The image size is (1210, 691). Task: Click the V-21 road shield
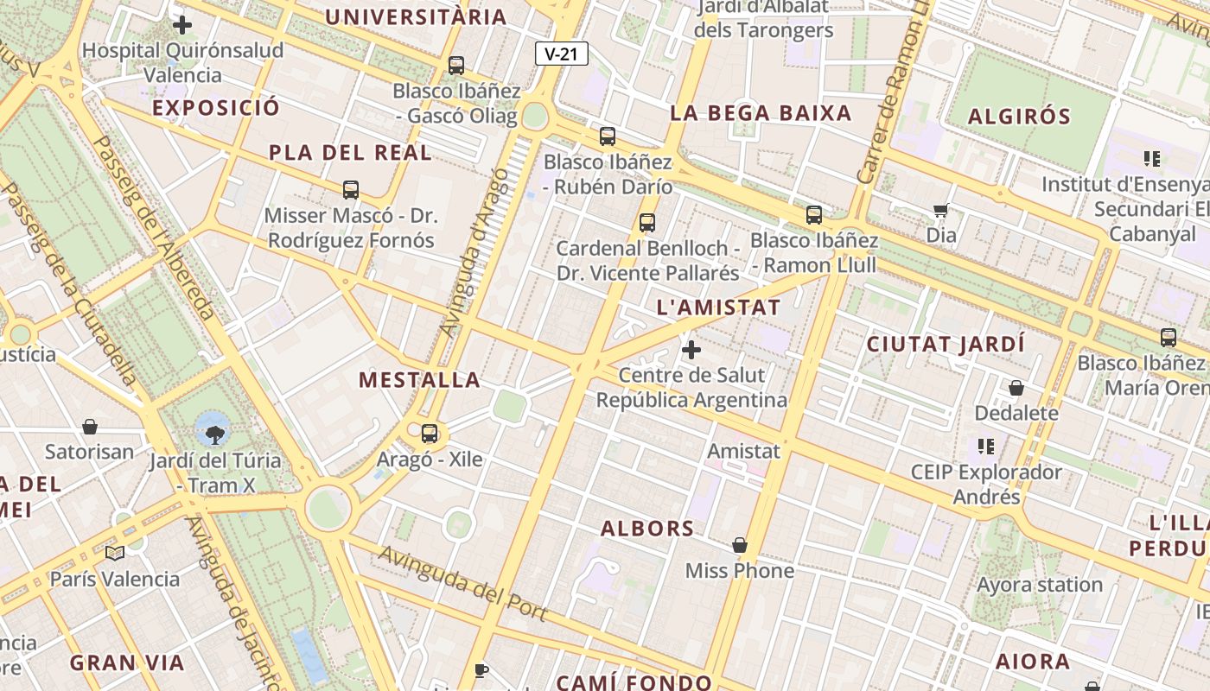(x=562, y=54)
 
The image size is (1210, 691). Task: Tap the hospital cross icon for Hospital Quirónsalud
(x=182, y=24)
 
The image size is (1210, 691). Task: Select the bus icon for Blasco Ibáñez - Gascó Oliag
(x=455, y=65)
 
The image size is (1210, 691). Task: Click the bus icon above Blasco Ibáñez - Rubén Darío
(x=608, y=136)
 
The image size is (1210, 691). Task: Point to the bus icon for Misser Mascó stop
(x=351, y=189)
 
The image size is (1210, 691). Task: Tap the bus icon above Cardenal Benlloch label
(x=647, y=222)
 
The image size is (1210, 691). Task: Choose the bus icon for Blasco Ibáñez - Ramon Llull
(x=814, y=215)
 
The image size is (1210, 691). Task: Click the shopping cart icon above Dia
(x=941, y=210)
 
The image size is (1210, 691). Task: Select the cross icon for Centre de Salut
(x=691, y=350)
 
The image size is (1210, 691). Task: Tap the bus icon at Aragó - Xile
(x=430, y=433)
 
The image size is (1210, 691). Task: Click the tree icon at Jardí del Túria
(x=213, y=428)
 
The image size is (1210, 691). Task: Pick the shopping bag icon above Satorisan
(x=90, y=426)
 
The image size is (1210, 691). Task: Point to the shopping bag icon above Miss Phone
(x=740, y=545)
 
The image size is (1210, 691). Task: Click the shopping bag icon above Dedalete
(x=1016, y=388)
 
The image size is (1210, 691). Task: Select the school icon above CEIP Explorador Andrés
(x=985, y=447)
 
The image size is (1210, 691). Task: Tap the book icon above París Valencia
(x=114, y=553)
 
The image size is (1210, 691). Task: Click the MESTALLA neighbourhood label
(x=419, y=380)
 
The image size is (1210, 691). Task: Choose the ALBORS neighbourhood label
(x=647, y=529)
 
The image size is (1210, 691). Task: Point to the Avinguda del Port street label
(x=462, y=583)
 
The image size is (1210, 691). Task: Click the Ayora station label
(x=1040, y=585)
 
